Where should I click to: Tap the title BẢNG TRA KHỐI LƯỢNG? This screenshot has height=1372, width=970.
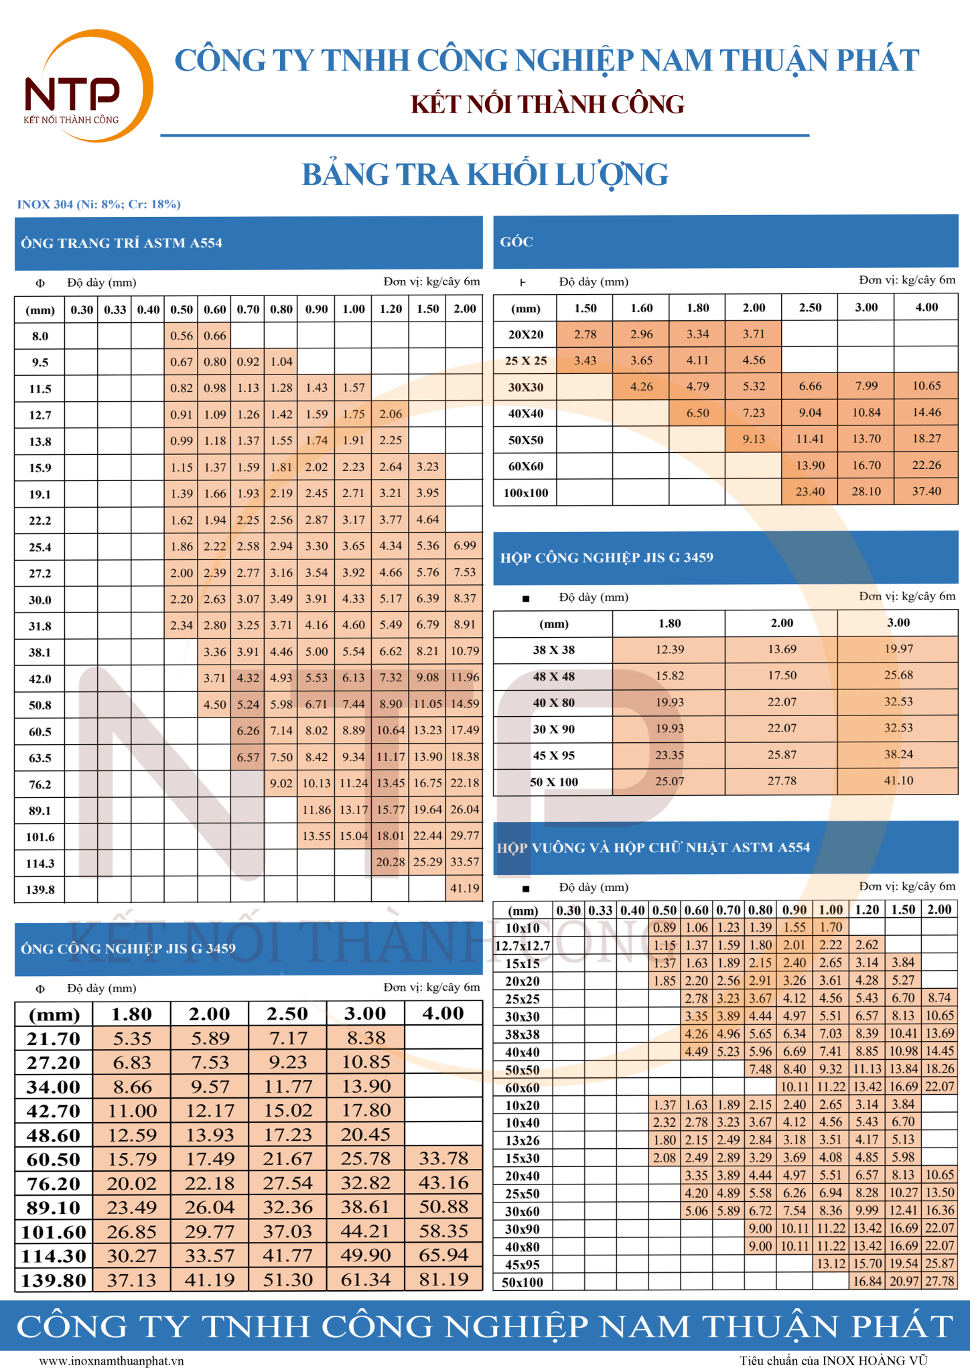point(485,175)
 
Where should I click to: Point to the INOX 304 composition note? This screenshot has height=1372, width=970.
point(99,204)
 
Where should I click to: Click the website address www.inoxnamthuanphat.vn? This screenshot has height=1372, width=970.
point(111,1361)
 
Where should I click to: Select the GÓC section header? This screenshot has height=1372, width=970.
point(516,242)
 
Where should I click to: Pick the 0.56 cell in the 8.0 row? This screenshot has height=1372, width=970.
point(182,336)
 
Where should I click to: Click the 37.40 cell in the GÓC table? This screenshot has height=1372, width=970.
point(926,491)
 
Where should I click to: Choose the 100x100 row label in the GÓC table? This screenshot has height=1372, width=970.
point(526,493)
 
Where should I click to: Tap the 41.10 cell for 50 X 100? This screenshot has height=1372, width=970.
point(898,780)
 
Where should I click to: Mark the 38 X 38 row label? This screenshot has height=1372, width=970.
point(554,650)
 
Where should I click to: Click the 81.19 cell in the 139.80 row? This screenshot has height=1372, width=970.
point(443,1280)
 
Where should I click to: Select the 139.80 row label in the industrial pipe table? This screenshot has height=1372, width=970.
point(54,1280)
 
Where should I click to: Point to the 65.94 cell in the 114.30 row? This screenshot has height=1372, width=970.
point(443,1255)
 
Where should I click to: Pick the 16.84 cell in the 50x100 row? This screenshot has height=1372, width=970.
point(867,1282)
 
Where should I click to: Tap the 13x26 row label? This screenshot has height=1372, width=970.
point(523,1140)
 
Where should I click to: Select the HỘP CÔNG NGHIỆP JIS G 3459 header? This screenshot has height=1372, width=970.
point(607,557)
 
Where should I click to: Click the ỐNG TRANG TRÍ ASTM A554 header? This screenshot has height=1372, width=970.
point(122,243)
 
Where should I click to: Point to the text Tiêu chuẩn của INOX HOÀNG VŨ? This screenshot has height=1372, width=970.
point(833,1360)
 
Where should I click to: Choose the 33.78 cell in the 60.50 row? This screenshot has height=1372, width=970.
point(443,1158)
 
